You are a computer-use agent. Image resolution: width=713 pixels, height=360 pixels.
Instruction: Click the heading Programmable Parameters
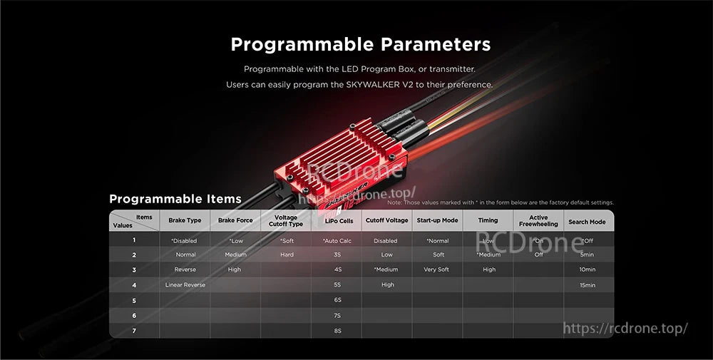(x=361, y=44)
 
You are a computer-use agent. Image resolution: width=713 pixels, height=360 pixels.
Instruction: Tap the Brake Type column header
(x=185, y=220)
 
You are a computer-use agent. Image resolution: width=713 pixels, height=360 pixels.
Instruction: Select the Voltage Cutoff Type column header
(x=285, y=220)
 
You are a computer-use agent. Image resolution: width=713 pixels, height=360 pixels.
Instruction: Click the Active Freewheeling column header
(x=538, y=220)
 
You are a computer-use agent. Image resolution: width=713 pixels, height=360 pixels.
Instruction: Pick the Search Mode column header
(x=587, y=221)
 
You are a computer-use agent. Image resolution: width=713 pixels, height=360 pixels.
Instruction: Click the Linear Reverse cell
(x=185, y=285)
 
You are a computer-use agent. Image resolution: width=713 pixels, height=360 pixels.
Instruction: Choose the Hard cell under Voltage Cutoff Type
(x=287, y=254)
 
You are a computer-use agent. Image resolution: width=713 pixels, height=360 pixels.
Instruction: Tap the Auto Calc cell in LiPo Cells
(x=337, y=241)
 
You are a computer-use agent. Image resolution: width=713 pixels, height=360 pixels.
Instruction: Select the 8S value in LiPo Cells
(x=337, y=331)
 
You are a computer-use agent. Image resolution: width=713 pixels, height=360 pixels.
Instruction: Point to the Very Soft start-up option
(x=436, y=269)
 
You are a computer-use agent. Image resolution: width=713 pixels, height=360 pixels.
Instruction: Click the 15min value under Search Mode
(x=588, y=285)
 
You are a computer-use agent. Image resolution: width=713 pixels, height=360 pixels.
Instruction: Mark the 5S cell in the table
(x=337, y=285)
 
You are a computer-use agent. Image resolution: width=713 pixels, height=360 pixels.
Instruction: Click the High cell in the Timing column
(x=488, y=269)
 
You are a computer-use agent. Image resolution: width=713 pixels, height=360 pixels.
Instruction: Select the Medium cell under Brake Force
(x=235, y=254)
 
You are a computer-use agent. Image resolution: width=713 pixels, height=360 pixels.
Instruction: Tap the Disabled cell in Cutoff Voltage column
(x=386, y=241)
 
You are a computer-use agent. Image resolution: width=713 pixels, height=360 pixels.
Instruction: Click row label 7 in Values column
(x=134, y=331)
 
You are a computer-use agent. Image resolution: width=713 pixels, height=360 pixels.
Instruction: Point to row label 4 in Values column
(x=134, y=285)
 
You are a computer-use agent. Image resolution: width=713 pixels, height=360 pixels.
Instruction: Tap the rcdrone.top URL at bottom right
(x=625, y=328)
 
